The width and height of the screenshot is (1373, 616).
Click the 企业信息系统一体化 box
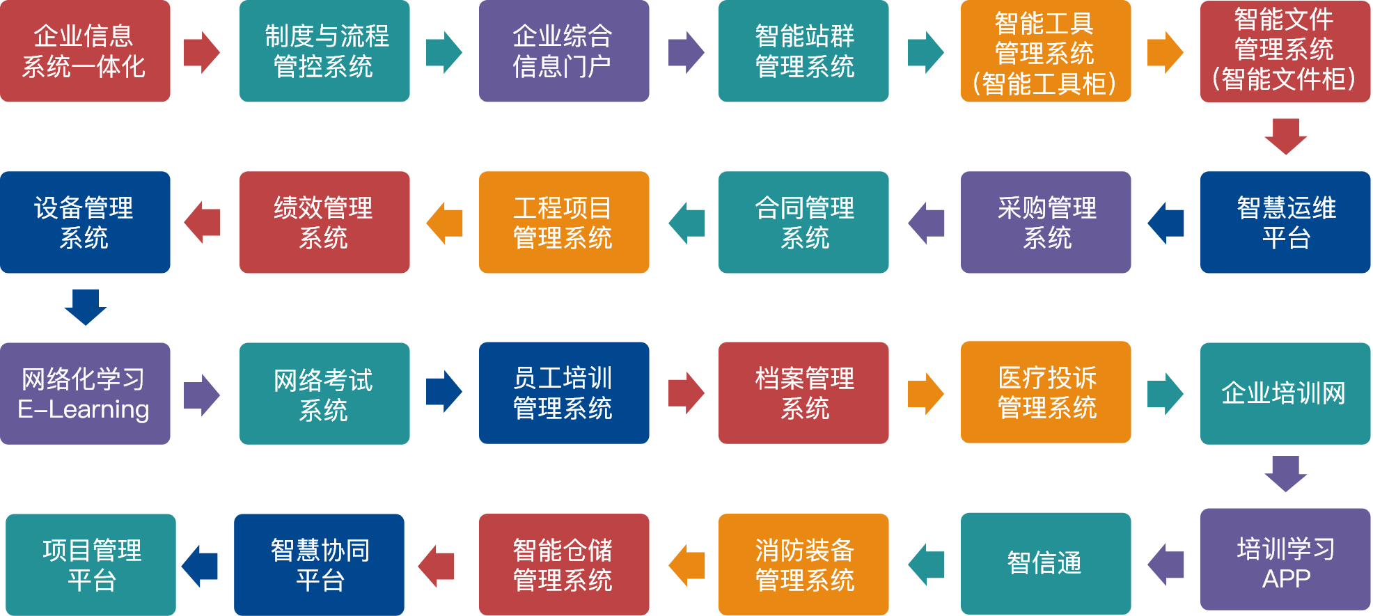[85, 52]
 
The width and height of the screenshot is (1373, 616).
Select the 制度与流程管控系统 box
[324, 52]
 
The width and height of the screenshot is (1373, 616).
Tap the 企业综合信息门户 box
[564, 52]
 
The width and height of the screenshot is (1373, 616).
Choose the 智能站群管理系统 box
[803, 52]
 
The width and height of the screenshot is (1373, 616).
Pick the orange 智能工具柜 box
[1045, 52]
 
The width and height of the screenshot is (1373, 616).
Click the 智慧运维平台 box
[1285, 222]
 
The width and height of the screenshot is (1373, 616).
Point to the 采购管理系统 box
[1045, 222]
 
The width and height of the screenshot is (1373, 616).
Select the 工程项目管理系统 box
[564, 222]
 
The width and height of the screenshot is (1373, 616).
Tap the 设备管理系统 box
[85, 222]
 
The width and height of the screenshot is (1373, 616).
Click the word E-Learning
[84, 409]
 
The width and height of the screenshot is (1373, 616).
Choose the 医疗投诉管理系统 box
[1045, 393]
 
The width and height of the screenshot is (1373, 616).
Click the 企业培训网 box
[1285, 393]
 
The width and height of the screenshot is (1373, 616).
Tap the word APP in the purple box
[1286, 578]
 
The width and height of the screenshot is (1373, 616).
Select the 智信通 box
[1045, 563]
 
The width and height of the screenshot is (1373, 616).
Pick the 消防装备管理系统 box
[803, 564]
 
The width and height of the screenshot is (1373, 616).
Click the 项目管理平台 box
[91, 564]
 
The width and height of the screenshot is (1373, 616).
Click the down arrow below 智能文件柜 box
[1285, 136]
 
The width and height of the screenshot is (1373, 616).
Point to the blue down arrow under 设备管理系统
[85, 307]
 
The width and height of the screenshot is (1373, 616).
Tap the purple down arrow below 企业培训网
[1285, 473]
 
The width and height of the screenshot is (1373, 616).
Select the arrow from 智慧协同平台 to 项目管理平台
[201, 565]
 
